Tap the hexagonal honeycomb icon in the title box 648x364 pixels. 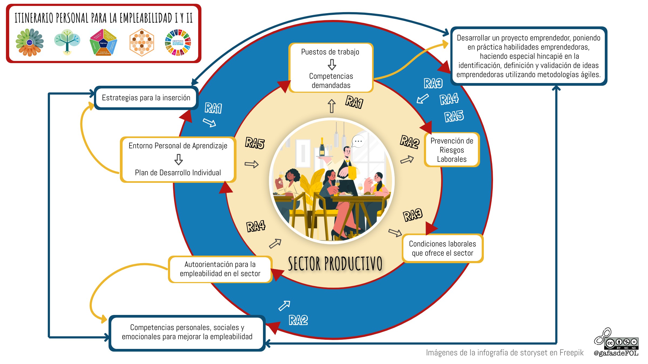(142, 43)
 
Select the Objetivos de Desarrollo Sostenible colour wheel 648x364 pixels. (178, 43)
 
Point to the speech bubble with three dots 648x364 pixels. (358, 141)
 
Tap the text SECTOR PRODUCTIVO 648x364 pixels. (335, 264)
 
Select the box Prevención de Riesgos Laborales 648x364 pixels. (452, 150)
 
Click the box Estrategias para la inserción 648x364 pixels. (146, 98)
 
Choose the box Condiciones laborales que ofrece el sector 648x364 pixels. (443, 248)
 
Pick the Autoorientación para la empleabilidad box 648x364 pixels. (220, 269)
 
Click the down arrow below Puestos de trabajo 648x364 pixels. (332, 64)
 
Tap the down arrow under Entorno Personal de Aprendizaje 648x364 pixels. (178, 159)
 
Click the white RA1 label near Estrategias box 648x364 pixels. (213, 108)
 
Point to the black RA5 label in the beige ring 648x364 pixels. (255, 143)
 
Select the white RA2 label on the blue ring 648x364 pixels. (298, 320)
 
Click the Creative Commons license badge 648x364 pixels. (622, 343)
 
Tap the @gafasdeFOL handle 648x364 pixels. (616, 353)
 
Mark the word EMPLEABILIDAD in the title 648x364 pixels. (146, 18)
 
